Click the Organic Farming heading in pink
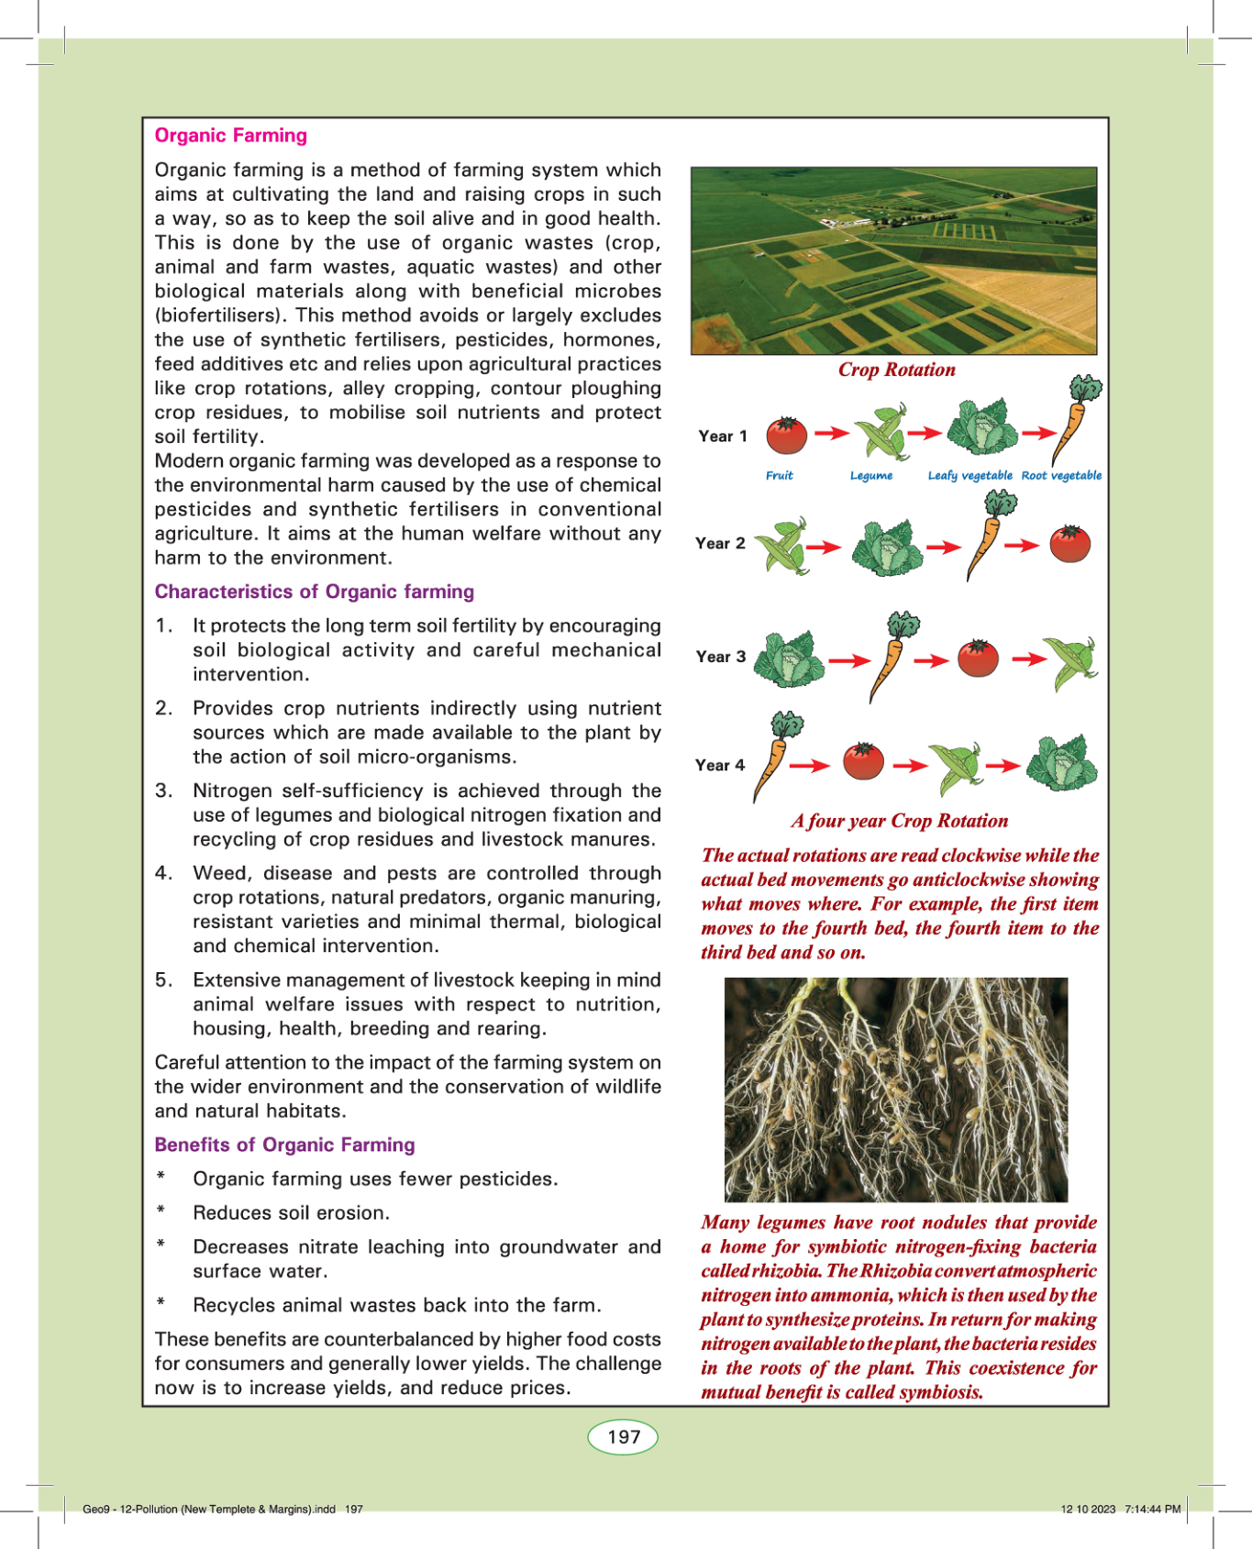231,136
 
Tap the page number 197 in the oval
624,1436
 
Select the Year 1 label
723,437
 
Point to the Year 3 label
721,657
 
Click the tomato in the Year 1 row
786,435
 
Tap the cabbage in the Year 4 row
1062,763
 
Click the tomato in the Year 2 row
1069,544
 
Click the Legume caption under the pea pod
870,476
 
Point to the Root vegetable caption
1061,476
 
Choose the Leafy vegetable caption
969,476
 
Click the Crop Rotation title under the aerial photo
896,370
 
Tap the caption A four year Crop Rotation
899,821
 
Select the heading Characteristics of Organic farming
315,592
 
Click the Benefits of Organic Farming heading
284,1145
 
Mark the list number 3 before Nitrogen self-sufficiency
163,791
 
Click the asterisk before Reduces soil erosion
161,1211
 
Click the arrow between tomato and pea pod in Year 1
831,433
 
